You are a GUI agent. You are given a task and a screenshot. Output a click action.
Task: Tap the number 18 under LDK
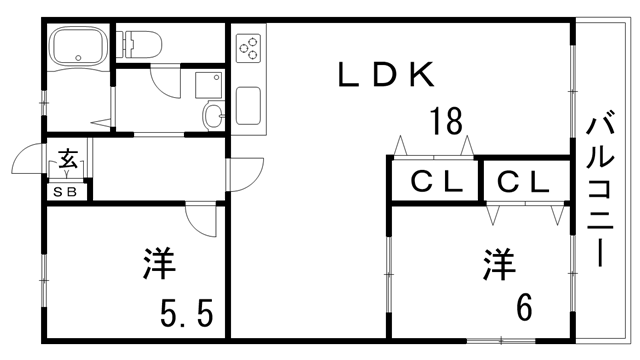[446, 122]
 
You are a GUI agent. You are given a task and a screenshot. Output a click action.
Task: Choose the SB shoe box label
[68, 190]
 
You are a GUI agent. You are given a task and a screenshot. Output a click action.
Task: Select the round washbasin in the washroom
[213, 116]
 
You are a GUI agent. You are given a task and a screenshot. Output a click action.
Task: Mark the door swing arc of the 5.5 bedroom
[202, 221]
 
